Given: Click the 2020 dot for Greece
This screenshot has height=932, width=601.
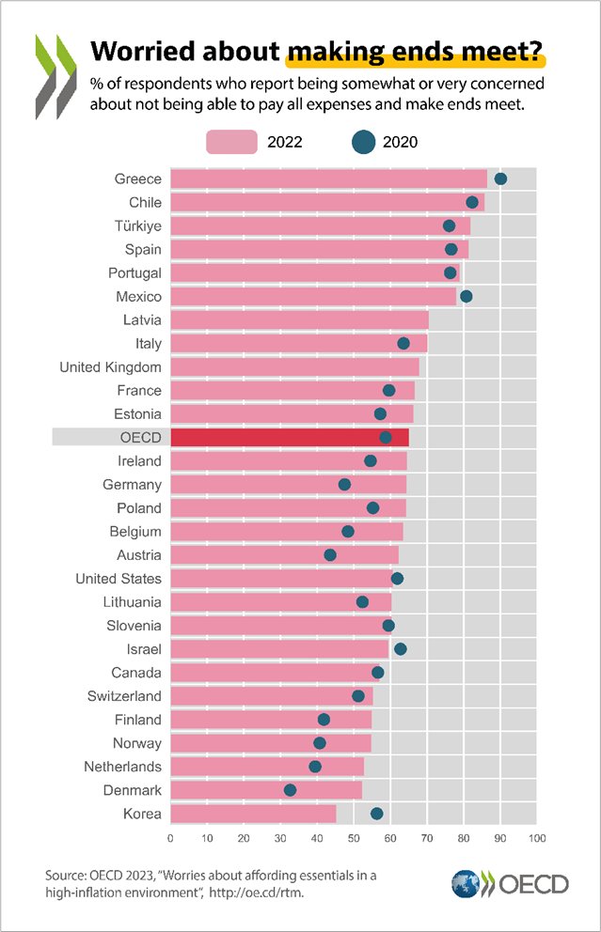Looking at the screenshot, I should point(500,179).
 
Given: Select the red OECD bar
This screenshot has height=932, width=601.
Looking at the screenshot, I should point(289,438).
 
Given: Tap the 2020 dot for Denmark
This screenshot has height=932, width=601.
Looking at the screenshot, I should point(290,790).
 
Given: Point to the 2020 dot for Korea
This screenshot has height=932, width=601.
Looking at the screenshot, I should point(376,814).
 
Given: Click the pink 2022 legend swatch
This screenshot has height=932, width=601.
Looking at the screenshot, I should point(231,142).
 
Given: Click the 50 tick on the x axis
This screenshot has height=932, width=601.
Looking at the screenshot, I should point(354,837).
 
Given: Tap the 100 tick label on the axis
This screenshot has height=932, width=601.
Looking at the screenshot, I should point(536,837).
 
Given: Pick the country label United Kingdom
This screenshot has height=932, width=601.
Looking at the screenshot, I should point(110,367).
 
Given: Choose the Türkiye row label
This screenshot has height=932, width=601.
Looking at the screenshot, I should point(137,225).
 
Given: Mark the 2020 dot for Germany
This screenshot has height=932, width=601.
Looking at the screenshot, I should point(344,484).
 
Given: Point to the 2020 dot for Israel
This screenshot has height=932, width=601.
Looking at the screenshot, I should point(400,649).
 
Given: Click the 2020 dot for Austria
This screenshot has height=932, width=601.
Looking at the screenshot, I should point(330,555).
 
